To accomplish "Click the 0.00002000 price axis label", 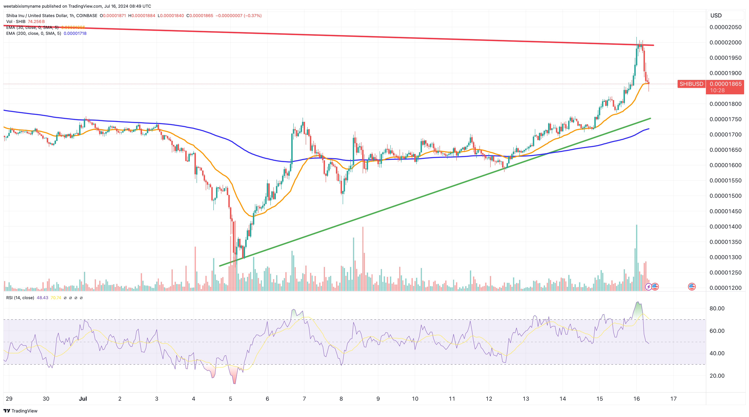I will [x=725, y=42].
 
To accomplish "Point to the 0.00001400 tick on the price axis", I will [x=725, y=227].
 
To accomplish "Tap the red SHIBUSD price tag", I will [x=691, y=84].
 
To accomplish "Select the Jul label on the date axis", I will [x=83, y=399].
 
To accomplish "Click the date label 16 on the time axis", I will [x=636, y=399].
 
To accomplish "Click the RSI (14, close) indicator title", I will [x=20, y=298].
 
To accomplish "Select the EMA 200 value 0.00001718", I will [x=75, y=33].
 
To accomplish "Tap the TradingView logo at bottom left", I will [x=20, y=411].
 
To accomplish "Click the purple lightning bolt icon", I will [x=648, y=287].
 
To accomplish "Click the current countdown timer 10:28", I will [x=717, y=90].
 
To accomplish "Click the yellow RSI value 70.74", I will [x=56, y=298].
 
